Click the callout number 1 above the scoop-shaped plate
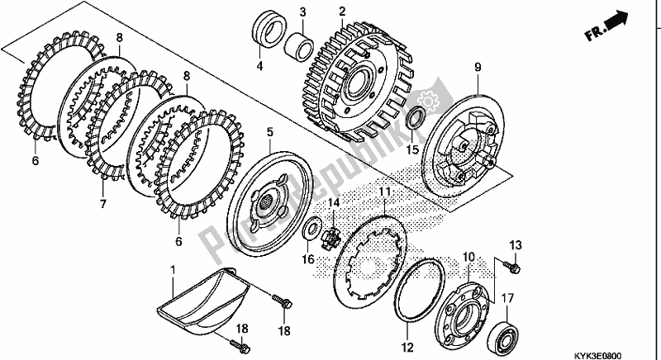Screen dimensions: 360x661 (173, 270)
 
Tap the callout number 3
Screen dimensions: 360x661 (302, 12)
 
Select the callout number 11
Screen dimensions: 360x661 (384, 193)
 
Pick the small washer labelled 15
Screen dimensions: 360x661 (417, 117)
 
